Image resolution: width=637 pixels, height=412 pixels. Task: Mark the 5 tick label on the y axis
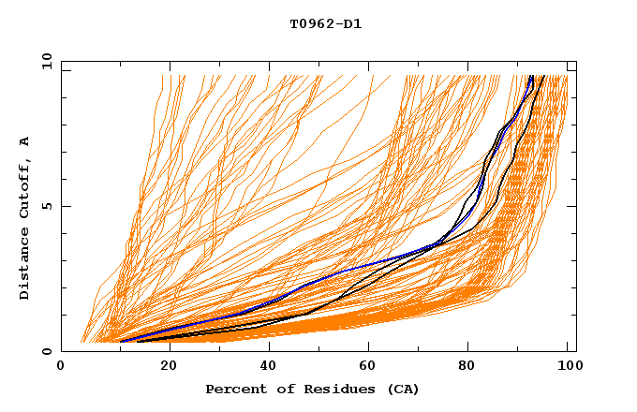coord(46,206)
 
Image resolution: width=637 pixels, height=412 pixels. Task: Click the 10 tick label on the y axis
coord(43,61)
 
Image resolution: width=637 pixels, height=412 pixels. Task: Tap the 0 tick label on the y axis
coord(46,351)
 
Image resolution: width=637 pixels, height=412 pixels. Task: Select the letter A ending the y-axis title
coord(25,141)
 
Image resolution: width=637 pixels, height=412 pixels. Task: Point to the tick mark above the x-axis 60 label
coord(366,347)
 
